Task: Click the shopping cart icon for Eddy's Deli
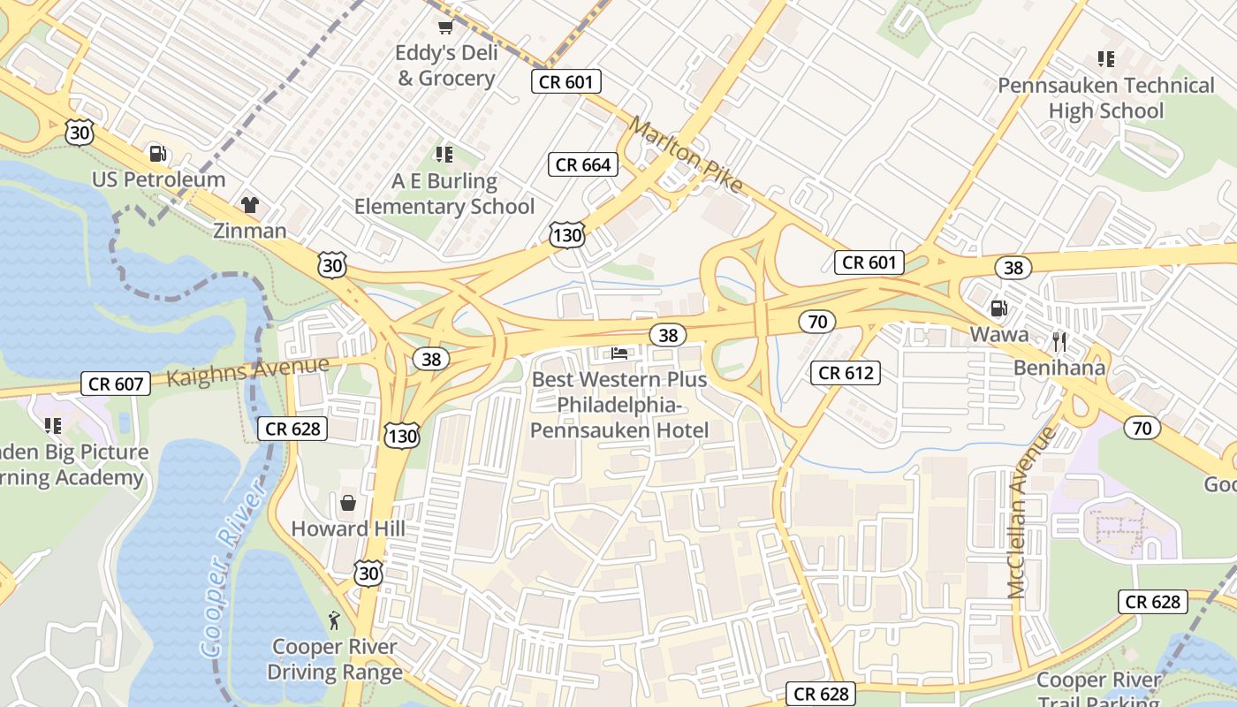coord(445,27)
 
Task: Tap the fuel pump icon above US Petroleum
coord(158,154)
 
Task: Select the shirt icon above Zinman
coord(250,205)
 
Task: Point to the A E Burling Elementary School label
coord(444,194)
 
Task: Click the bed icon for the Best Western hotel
coord(620,353)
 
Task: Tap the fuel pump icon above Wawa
coord(998,308)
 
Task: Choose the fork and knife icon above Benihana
coord(1059,341)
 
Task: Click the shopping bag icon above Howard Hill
coord(348,503)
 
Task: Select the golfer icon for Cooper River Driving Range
coord(334,619)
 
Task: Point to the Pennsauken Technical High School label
coord(1106,98)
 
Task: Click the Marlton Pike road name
coord(686,156)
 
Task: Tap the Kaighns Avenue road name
coord(247,370)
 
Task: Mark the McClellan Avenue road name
coord(1030,513)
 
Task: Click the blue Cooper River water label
coord(231,570)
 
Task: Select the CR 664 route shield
coord(584,164)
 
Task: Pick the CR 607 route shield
coord(116,384)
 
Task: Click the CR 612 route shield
coord(846,373)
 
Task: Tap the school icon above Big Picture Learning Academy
coord(53,426)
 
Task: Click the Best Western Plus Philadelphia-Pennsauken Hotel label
coord(619,405)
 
